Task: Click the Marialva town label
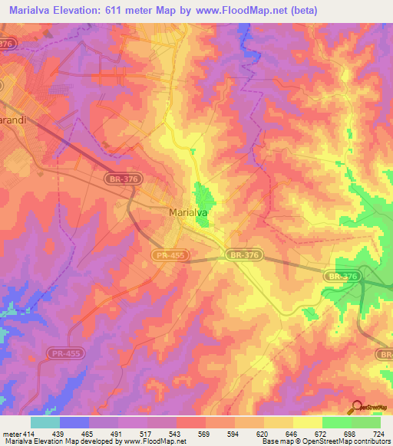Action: [189, 213]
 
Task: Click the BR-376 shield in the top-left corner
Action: [8, 44]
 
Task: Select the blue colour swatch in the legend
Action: [74, 422]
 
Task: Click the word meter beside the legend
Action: [12, 434]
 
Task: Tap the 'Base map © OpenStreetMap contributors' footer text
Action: [325, 441]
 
